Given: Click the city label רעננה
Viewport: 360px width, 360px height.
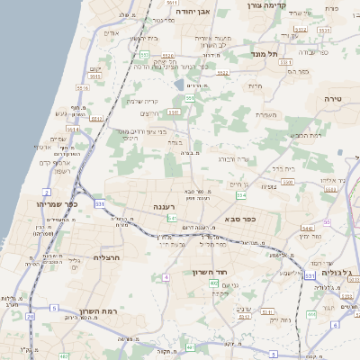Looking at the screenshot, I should [x=163, y=207].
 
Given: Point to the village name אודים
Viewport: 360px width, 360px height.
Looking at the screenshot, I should [x=112, y=34].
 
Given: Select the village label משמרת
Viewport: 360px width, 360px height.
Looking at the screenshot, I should [x=265, y=114].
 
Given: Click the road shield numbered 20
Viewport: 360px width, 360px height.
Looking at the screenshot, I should [x=31, y=317].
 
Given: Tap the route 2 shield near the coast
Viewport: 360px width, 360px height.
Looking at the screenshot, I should [x=46, y=192].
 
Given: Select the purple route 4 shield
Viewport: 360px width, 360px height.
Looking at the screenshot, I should [x=166, y=277].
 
